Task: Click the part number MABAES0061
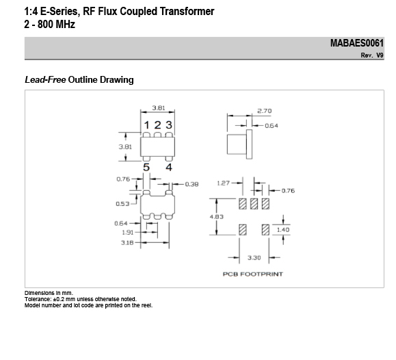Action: [357, 43]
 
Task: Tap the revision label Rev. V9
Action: [372, 55]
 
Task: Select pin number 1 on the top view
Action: [146, 125]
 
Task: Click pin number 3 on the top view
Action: [169, 125]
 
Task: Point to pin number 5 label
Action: [146, 168]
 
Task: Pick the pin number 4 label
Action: [169, 168]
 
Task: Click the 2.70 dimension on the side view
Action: [265, 111]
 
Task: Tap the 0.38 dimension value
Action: [192, 184]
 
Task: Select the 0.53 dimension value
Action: [122, 204]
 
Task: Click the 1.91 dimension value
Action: [127, 233]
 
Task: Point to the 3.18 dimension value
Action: [127, 243]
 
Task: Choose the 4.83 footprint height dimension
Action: [216, 217]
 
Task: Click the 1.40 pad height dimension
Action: [283, 230]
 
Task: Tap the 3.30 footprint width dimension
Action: [254, 258]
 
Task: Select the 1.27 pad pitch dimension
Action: [223, 183]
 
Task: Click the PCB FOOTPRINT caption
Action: [253, 274]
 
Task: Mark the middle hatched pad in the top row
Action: [254, 204]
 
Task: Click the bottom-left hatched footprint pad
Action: [243, 230]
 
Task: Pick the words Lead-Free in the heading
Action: [45, 79]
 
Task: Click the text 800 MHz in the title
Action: [56, 25]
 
